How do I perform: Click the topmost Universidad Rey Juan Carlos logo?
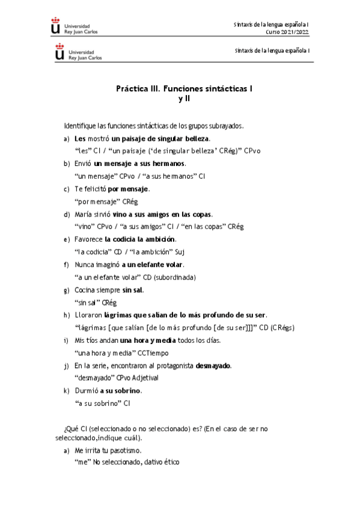pyautogui.click(x=75, y=26)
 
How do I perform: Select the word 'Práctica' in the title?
pyautogui.click(x=133, y=88)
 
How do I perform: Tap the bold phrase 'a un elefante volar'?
pyautogui.click(x=153, y=265)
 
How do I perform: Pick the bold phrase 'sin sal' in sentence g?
pyautogui.click(x=132, y=290)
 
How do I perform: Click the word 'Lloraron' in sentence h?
pyautogui.click(x=88, y=315)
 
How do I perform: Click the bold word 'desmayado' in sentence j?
pyautogui.click(x=213, y=366)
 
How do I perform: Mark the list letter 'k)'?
pyautogui.click(x=66, y=391)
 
